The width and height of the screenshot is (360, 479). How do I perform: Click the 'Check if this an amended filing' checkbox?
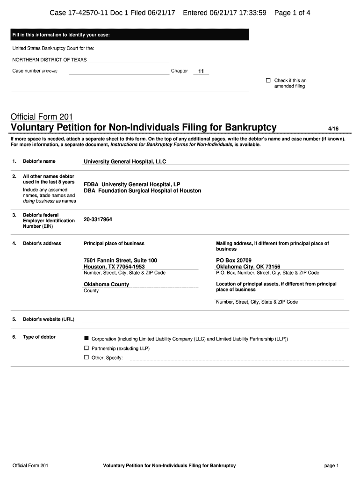[x=268, y=80]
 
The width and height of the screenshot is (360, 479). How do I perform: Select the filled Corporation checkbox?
[x=86, y=338]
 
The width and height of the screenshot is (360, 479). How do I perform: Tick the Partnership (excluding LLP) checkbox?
[x=86, y=348]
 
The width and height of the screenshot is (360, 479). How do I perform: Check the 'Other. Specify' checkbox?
[x=86, y=357]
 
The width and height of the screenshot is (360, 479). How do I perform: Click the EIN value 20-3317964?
[x=98, y=219]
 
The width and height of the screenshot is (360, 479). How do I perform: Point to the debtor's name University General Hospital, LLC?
[x=125, y=161]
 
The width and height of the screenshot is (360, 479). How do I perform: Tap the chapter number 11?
[x=201, y=72]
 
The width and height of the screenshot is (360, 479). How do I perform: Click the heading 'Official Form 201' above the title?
[x=42, y=116]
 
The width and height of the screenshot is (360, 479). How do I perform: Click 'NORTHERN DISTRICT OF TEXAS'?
[x=50, y=60]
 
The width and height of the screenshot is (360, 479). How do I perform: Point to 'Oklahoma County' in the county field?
[x=106, y=284]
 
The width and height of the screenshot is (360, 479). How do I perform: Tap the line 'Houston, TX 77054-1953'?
[x=114, y=267]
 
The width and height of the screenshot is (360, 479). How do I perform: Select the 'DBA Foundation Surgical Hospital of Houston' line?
[x=142, y=191]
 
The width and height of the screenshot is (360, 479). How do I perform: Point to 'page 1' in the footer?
[x=331, y=465]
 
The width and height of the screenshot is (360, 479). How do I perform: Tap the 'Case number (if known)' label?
[x=35, y=71]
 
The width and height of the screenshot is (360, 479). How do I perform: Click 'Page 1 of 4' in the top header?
[x=292, y=13]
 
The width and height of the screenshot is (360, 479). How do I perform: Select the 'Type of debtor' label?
[x=39, y=337]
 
